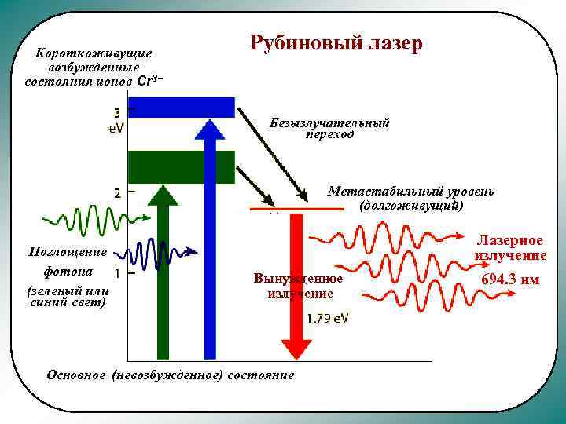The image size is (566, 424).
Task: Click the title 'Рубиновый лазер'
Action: click(336, 43)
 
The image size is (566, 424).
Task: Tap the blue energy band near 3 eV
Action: click(181, 107)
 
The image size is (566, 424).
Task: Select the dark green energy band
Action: click(181, 166)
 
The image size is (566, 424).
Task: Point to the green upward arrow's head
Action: click(162, 196)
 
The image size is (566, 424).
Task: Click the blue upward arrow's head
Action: click(209, 130)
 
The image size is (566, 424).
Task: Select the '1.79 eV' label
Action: click(329, 319)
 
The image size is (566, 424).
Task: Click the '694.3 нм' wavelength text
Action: click(510, 280)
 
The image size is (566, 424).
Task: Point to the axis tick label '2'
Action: click(117, 192)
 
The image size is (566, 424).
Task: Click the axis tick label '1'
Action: click(117, 273)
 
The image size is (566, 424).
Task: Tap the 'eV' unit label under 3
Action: click(116, 127)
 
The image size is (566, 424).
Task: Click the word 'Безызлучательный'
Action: click(329, 123)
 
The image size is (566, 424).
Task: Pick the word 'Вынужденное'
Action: click(299, 279)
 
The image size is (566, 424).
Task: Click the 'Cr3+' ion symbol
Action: click(150, 81)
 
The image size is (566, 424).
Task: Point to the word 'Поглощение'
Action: click(66, 251)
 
